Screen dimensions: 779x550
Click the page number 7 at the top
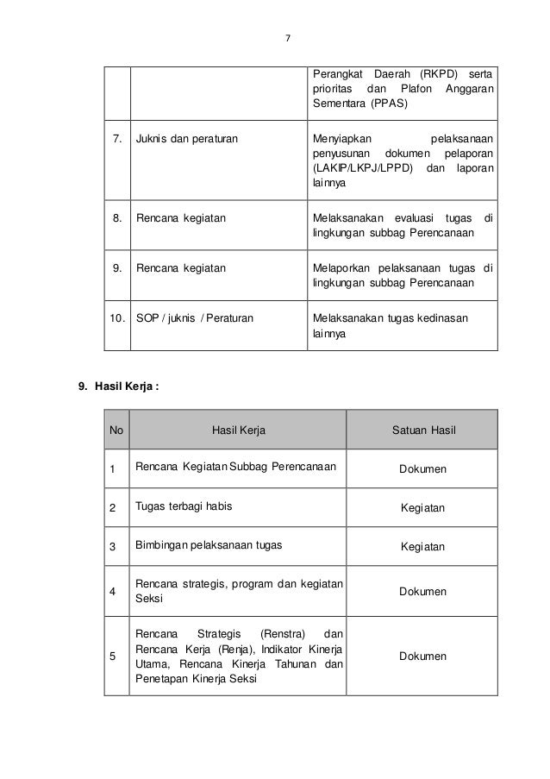click(x=288, y=38)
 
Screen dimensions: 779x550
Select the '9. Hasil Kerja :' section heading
click(x=118, y=386)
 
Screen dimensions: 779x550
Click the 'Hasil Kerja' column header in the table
click(x=237, y=430)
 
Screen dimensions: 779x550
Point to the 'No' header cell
click(x=116, y=430)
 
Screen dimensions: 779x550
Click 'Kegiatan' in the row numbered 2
click(x=422, y=508)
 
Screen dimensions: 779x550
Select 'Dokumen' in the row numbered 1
click(x=422, y=469)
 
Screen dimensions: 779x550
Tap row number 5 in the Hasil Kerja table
click(x=112, y=656)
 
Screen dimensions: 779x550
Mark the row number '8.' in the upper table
click(x=116, y=218)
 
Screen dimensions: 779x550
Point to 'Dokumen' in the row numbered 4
click(x=422, y=592)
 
